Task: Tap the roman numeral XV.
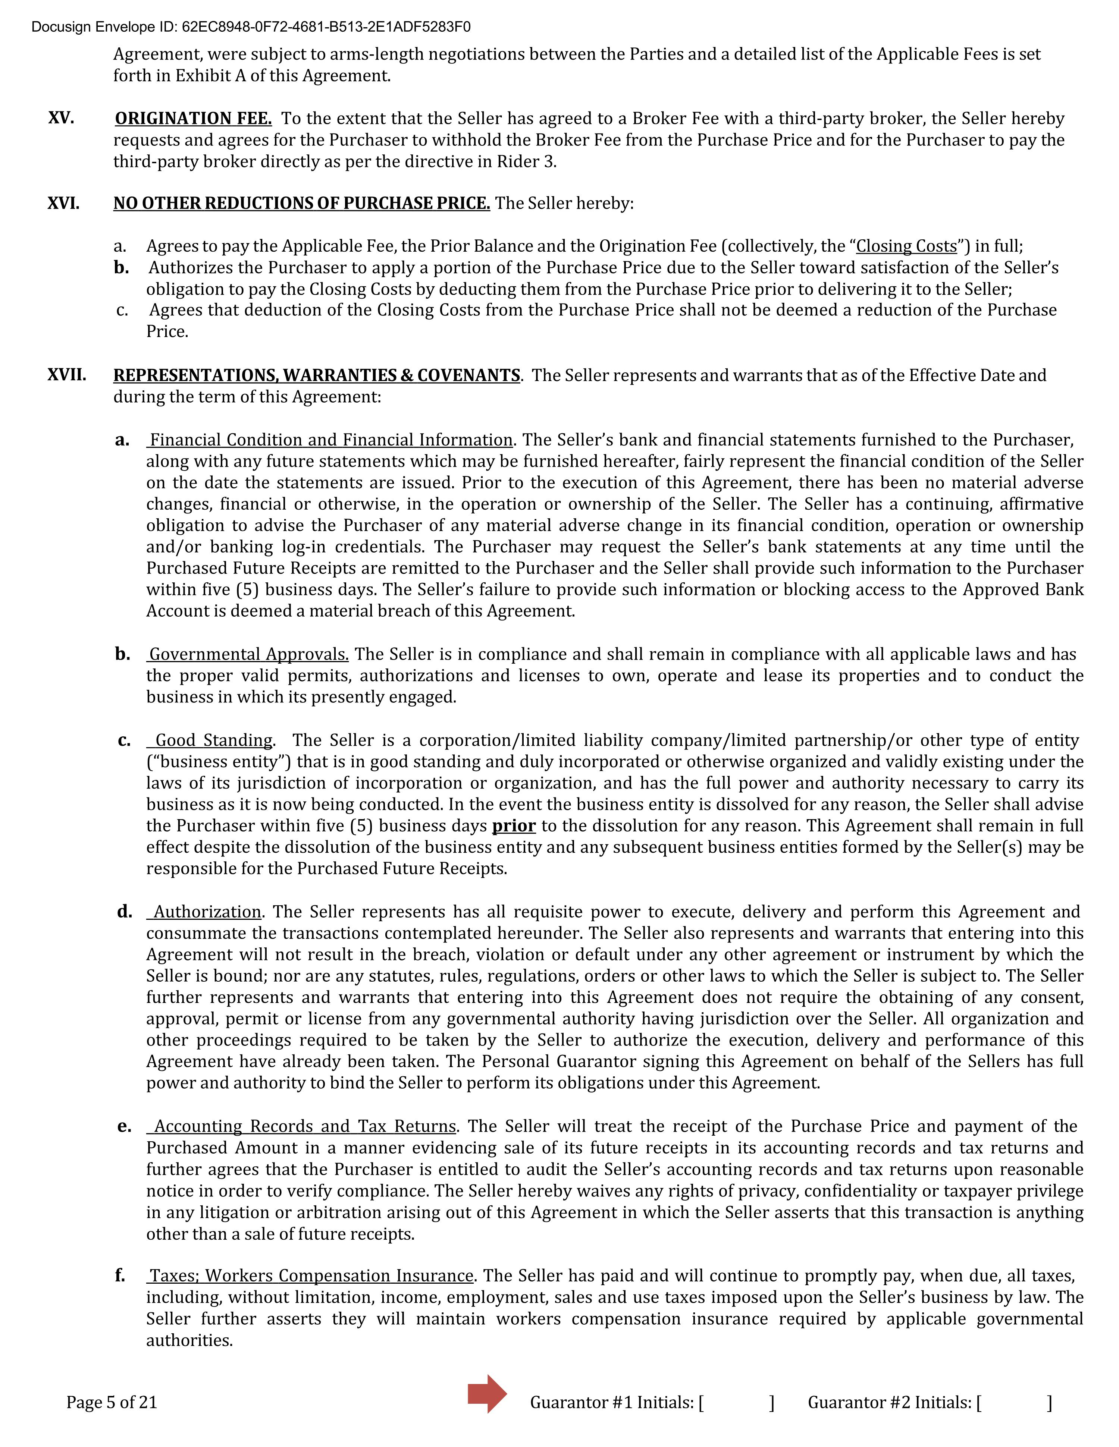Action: click(x=61, y=118)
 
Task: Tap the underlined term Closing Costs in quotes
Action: click(x=906, y=246)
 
